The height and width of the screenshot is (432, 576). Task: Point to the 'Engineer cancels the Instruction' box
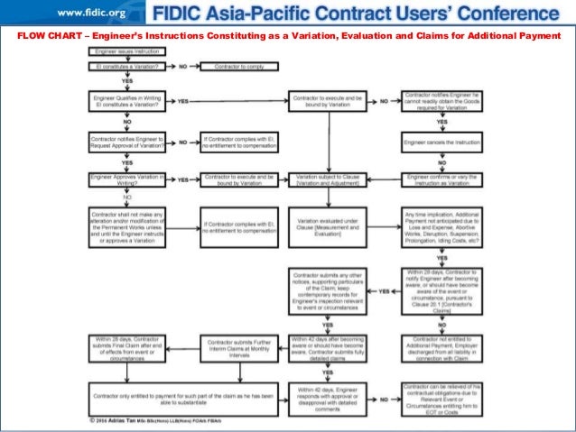click(x=439, y=142)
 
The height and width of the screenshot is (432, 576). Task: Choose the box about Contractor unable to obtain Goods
click(x=439, y=101)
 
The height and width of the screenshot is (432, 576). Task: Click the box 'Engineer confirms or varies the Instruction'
click(x=439, y=180)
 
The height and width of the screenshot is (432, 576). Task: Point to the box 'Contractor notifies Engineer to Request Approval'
click(x=126, y=142)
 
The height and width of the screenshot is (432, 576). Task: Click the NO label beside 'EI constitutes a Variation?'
click(x=182, y=67)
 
